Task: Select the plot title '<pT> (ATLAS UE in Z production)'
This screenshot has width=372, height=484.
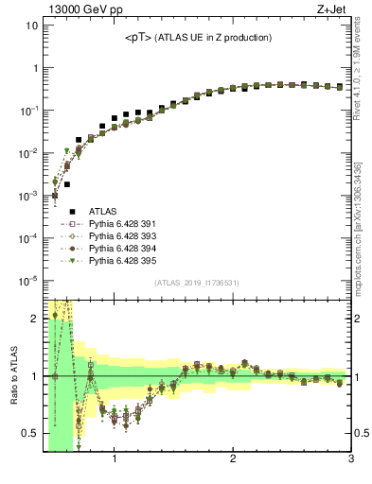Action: [198, 38]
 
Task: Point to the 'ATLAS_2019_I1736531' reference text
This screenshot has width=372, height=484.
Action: [198, 283]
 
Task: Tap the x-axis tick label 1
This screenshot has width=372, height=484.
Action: [115, 459]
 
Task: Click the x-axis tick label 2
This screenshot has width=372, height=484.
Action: [233, 459]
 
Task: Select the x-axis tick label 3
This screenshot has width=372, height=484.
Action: [350, 459]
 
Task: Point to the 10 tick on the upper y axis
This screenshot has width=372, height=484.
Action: [29, 26]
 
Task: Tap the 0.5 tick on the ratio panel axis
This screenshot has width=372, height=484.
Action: [29, 434]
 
